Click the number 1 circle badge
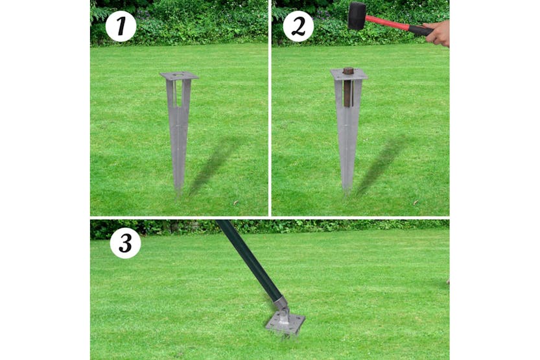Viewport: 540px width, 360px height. click(x=121, y=27)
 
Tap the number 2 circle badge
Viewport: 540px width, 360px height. click(x=298, y=27)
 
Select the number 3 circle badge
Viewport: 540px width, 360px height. click(x=125, y=243)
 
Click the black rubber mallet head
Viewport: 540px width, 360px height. click(x=357, y=16)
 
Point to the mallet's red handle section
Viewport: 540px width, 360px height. click(x=388, y=23)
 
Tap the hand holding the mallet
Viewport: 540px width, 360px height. click(x=438, y=33)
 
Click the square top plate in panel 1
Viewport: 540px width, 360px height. click(x=178, y=76)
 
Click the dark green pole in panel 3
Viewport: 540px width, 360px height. click(x=246, y=259)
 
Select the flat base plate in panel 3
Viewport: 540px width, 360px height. click(x=285, y=322)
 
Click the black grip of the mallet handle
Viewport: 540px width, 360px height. click(x=420, y=30)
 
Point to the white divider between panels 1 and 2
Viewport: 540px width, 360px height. click(x=270, y=107)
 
